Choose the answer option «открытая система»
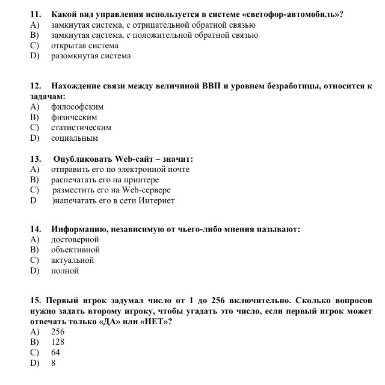coord(85,46)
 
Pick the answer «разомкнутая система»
coord(91,56)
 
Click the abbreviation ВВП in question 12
coord(211,86)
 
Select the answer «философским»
coord(73,107)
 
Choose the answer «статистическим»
coord(81,128)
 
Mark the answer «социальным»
coord(75,138)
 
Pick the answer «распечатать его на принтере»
coord(105,180)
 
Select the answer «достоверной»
coord(75,239)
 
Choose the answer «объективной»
coord(76,250)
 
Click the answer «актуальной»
coord(73,260)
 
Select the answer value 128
coord(58,342)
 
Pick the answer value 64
coord(55,352)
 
